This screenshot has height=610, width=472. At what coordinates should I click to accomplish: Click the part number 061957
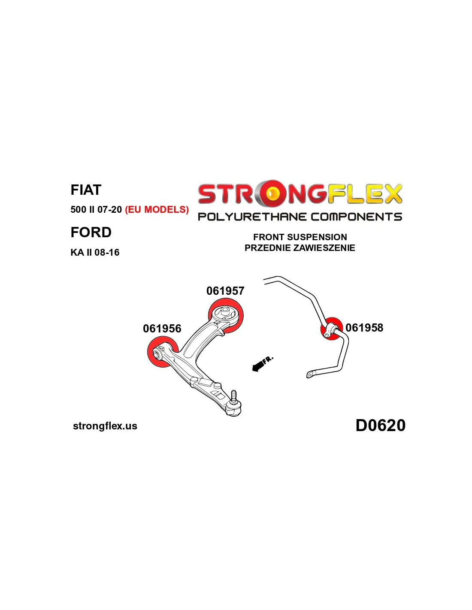coord(225,291)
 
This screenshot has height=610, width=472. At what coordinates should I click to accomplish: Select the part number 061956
coord(162,329)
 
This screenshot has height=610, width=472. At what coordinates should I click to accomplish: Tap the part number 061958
coord(364,328)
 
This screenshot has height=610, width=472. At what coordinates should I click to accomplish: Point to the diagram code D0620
coord(381,425)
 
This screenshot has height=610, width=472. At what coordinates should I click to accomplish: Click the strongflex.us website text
coord(105,426)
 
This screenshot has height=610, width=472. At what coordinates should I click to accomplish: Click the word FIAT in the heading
coord(86,190)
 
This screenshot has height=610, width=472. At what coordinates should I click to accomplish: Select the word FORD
coord(91,232)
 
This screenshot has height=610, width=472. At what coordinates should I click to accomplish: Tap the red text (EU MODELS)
coord(157,209)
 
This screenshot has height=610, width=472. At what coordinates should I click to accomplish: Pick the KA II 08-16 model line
coord(95,252)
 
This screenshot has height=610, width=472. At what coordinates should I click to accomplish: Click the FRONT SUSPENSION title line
coord(300,237)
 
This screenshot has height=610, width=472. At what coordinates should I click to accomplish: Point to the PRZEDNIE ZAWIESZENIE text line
coord(300,248)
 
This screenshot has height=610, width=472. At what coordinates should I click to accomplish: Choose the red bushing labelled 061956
coord(163,352)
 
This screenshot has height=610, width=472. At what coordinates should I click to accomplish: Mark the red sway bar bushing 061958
coord(332,329)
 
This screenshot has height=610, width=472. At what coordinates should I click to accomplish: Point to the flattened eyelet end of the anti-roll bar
coord(311,374)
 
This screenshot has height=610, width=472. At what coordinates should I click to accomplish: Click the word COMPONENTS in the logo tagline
coord(356,217)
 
